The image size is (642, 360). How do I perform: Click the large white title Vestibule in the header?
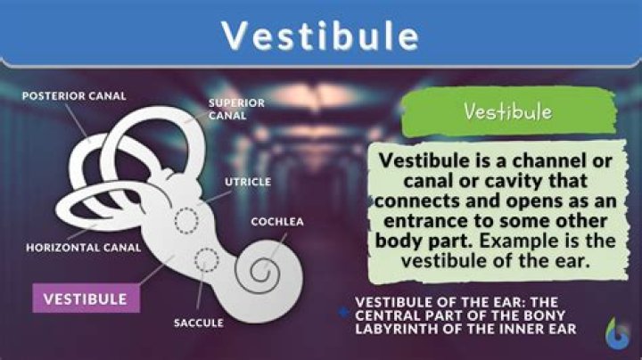[321, 36]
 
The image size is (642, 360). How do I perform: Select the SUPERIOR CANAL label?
[236, 109]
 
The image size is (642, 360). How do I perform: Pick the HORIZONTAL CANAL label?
[84, 248]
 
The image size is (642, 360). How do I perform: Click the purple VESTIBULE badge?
[86, 298]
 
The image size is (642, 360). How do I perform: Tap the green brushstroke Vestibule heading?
[507, 113]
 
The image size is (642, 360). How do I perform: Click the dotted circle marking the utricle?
[188, 219]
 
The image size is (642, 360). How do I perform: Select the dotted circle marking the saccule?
[207, 261]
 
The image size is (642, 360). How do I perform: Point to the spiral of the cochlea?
[267, 266]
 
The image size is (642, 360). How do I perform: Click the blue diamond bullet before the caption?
[344, 312]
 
